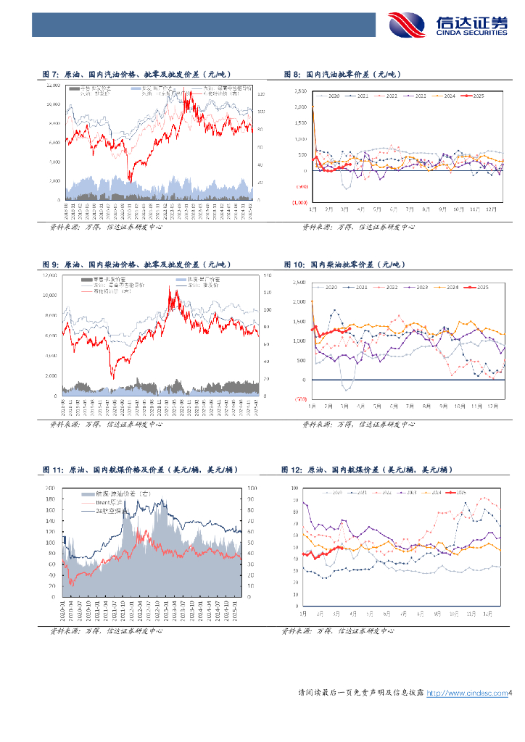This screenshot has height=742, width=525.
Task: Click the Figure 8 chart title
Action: click(342, 75)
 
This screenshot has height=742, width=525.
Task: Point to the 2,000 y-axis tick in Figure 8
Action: click(301, 107)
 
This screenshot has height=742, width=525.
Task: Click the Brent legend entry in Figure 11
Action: click(108, 501)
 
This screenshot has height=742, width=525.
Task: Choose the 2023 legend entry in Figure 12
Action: click(408, 492)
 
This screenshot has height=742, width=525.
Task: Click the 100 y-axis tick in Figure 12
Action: click(295, 488)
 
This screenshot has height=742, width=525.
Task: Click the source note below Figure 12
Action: click(337, 631)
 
